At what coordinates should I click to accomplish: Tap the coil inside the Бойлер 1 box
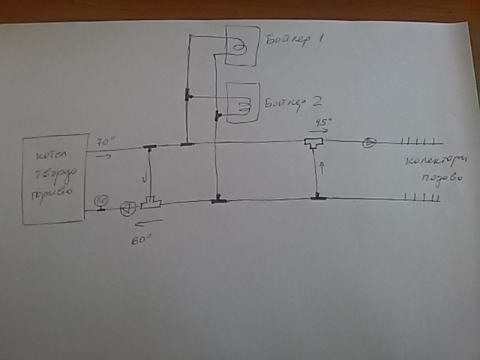[239, 46]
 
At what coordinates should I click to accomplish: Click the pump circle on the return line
[127, 208]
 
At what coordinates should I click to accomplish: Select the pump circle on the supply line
[368, 143]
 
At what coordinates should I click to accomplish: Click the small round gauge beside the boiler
[101, 201]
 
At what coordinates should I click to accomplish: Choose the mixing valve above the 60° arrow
[153, 203]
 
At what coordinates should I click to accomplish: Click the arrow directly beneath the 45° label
[318, 131]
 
